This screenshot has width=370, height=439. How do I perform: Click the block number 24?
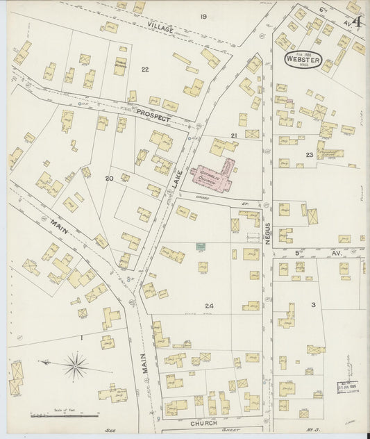click(209, 305)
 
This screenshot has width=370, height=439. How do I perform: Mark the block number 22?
click(144, 69)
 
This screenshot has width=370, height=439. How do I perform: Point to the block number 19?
click(203, 16)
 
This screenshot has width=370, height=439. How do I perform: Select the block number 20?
click(109, 179)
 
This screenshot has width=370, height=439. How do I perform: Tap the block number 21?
click(235, 135)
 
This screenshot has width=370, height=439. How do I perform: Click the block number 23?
click(308, 154)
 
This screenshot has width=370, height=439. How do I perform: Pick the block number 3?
click(313, 305)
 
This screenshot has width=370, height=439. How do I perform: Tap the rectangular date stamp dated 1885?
click(348, 386)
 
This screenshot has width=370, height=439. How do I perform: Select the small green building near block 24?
click(201, 247)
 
